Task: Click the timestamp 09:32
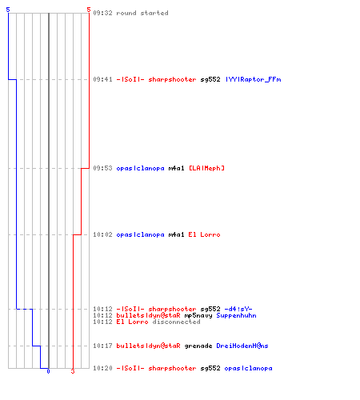coord(102,13)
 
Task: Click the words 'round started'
coord(142,13)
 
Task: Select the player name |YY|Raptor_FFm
coord(254,79)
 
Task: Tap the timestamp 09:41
coord(102,79)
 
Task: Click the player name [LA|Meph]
coord(206,168)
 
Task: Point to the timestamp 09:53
coord(102,168)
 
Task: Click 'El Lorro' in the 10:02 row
coord(204,234)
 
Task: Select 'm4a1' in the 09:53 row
coord(176,168)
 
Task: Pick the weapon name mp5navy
coord(198,315)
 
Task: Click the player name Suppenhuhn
coord(236,315)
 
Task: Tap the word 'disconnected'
coord(176,322)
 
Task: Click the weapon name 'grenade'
coord(198,346)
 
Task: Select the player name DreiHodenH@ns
coord(242,346)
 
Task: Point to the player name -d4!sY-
coord(238,309)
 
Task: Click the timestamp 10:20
coord(102,368)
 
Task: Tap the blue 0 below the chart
coord(48,371)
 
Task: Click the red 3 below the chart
coord(73,371)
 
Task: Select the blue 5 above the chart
coord(8,10)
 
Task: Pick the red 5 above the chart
coord(89,10)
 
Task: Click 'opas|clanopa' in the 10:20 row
coord(248,368)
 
